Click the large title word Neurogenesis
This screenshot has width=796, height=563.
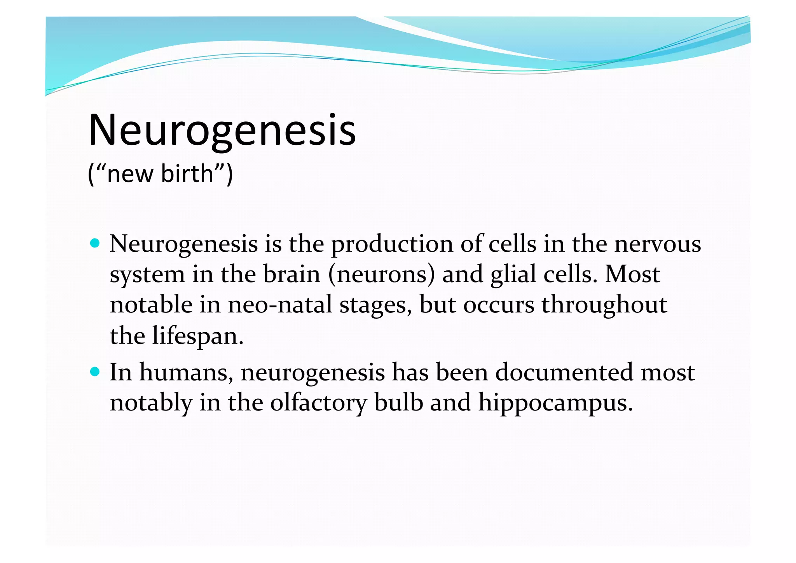222,130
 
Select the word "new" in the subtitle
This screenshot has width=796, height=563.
130,174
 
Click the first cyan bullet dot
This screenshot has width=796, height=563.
94,244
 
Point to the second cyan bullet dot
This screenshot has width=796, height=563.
94,372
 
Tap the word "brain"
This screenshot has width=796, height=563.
292,274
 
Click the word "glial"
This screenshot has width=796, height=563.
513,275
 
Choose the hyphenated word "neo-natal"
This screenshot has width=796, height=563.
280,305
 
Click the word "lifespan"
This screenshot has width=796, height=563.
197,336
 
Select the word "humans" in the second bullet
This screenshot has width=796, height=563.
186,373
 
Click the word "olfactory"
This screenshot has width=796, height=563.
318,403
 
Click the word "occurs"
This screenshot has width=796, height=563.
499,305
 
